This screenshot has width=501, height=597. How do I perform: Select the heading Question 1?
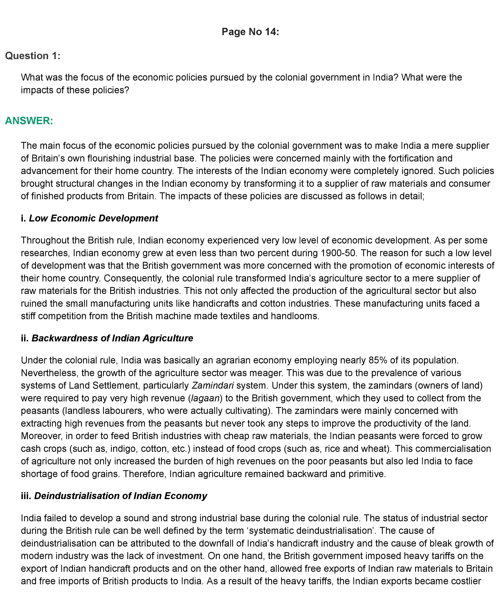point(33,56)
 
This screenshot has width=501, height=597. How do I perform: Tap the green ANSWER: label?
point(29,121)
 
